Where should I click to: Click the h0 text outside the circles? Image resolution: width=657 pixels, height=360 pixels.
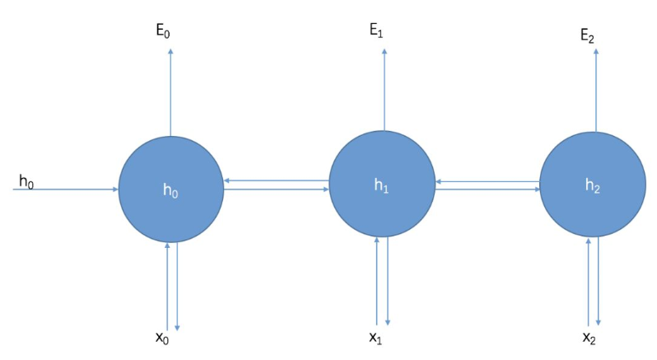[x=26, y=180]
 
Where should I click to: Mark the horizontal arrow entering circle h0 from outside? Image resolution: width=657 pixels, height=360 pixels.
[x=66, y=189]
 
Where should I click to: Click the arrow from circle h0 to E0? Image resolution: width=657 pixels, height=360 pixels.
[x=170, y=91]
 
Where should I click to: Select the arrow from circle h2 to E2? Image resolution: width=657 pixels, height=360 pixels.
[x=595, y=91]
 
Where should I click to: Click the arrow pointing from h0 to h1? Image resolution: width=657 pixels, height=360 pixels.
[x=277, y=189]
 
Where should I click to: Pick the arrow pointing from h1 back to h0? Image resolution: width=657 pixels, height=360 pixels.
[x=277, y=180]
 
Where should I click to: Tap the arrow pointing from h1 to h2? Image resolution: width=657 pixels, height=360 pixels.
[x=488, y=189]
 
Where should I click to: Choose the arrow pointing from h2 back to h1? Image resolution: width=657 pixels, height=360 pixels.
[x=488, y=180]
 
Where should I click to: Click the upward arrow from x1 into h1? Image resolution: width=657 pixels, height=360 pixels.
[x=377, y=280]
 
